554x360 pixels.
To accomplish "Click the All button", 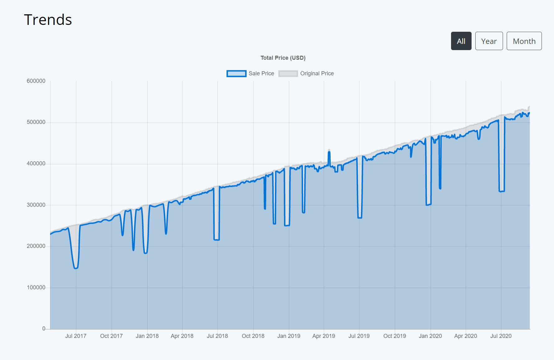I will coord(461,41).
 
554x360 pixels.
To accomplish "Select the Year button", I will coord(489,41).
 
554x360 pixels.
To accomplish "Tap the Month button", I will coord(524,41).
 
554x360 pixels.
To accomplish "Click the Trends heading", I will coord(48,20).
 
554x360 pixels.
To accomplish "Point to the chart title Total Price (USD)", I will coord(283,58).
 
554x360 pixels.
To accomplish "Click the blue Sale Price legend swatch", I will coord(236,73).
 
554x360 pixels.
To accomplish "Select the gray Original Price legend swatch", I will coord(288,73).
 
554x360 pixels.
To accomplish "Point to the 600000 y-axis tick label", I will coord(36,81).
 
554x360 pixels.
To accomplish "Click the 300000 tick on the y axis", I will coord(36,205).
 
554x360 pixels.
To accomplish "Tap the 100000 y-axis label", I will coord(36,288).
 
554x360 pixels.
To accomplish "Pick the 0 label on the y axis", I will coord(44,329).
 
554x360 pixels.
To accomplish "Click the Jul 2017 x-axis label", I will coord(76,336).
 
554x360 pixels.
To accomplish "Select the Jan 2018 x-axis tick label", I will coord(147,336).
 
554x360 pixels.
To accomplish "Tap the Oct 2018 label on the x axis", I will coord(253,336).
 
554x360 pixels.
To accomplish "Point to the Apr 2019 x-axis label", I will coord(324,336).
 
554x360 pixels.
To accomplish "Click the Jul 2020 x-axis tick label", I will coord(501,336).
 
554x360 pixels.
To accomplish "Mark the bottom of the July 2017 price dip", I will coord(76,268).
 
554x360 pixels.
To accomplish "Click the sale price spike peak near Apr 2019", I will coord(329,152).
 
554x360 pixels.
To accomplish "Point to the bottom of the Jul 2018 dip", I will coord(216,240).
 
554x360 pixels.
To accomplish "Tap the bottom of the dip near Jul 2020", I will coord(501,191).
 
